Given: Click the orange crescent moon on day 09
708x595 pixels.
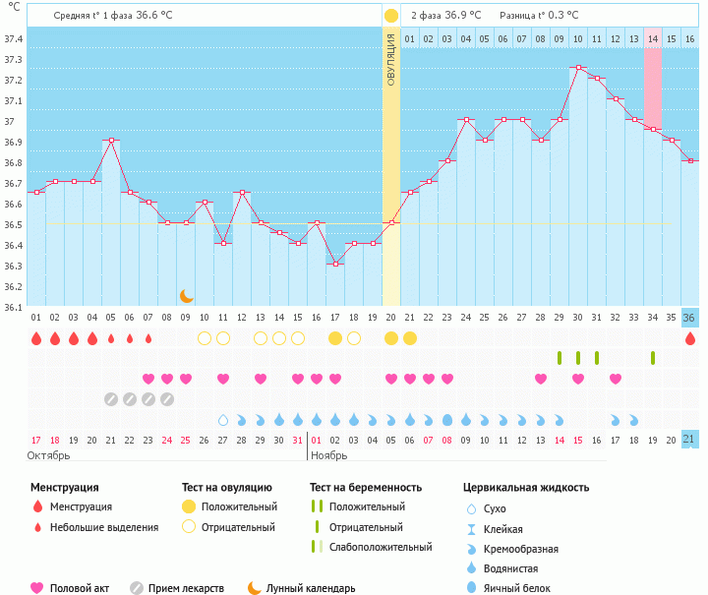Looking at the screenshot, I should (x=186, y=295).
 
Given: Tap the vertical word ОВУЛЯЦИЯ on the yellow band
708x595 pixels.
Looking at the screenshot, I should (x=391, y=60).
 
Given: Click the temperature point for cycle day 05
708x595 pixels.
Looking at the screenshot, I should (x=111, y=141).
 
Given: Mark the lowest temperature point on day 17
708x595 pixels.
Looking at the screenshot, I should (x=335, y=264).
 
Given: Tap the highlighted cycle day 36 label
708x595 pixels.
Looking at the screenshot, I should (x=689, y=318).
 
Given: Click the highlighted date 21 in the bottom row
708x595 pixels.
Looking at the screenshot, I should (x=689, y=439).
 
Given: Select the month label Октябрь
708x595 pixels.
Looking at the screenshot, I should (x=48, y=455).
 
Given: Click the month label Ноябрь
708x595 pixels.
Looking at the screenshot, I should (x=330, y=455).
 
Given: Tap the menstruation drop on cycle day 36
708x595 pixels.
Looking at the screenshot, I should (x=689, y=338).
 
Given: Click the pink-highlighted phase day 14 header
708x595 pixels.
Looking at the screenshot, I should (x=653, y=38).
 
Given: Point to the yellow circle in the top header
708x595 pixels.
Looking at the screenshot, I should (x=391, y=16).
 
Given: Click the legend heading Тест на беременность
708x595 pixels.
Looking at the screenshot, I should (x=366, y=487).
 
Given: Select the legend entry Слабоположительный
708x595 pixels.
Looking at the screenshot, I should (x=380, y=547).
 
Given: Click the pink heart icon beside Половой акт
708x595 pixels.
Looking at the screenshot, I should (x=37, y=588).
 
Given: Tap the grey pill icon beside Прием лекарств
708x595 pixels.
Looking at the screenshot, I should (x=137, y=588).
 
